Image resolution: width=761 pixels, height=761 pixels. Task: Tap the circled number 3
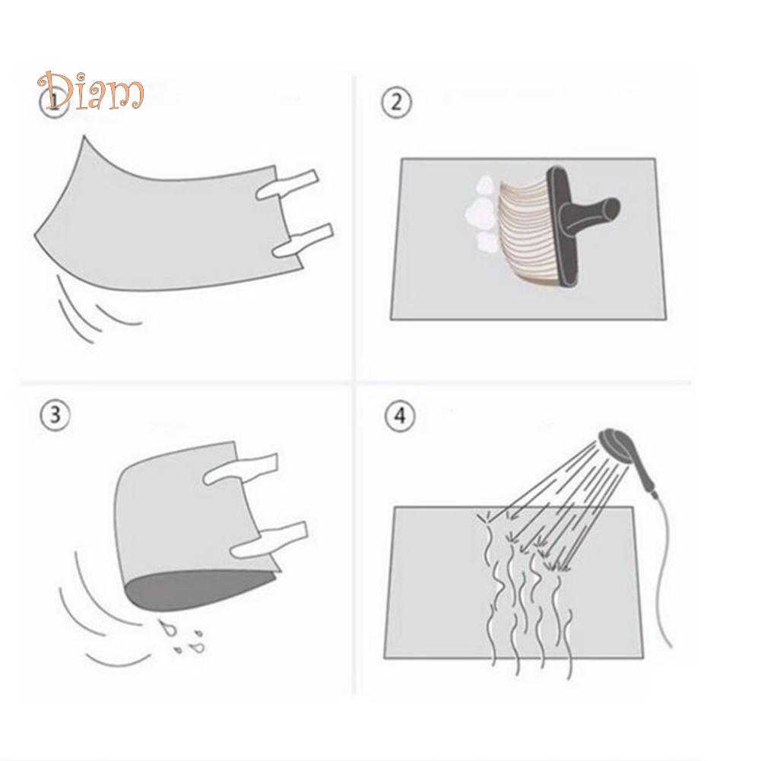[x=55, y=415]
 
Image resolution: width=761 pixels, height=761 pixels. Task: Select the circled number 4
[x=400, y=416]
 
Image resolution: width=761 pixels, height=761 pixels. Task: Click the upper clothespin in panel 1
[x=287, y=185]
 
